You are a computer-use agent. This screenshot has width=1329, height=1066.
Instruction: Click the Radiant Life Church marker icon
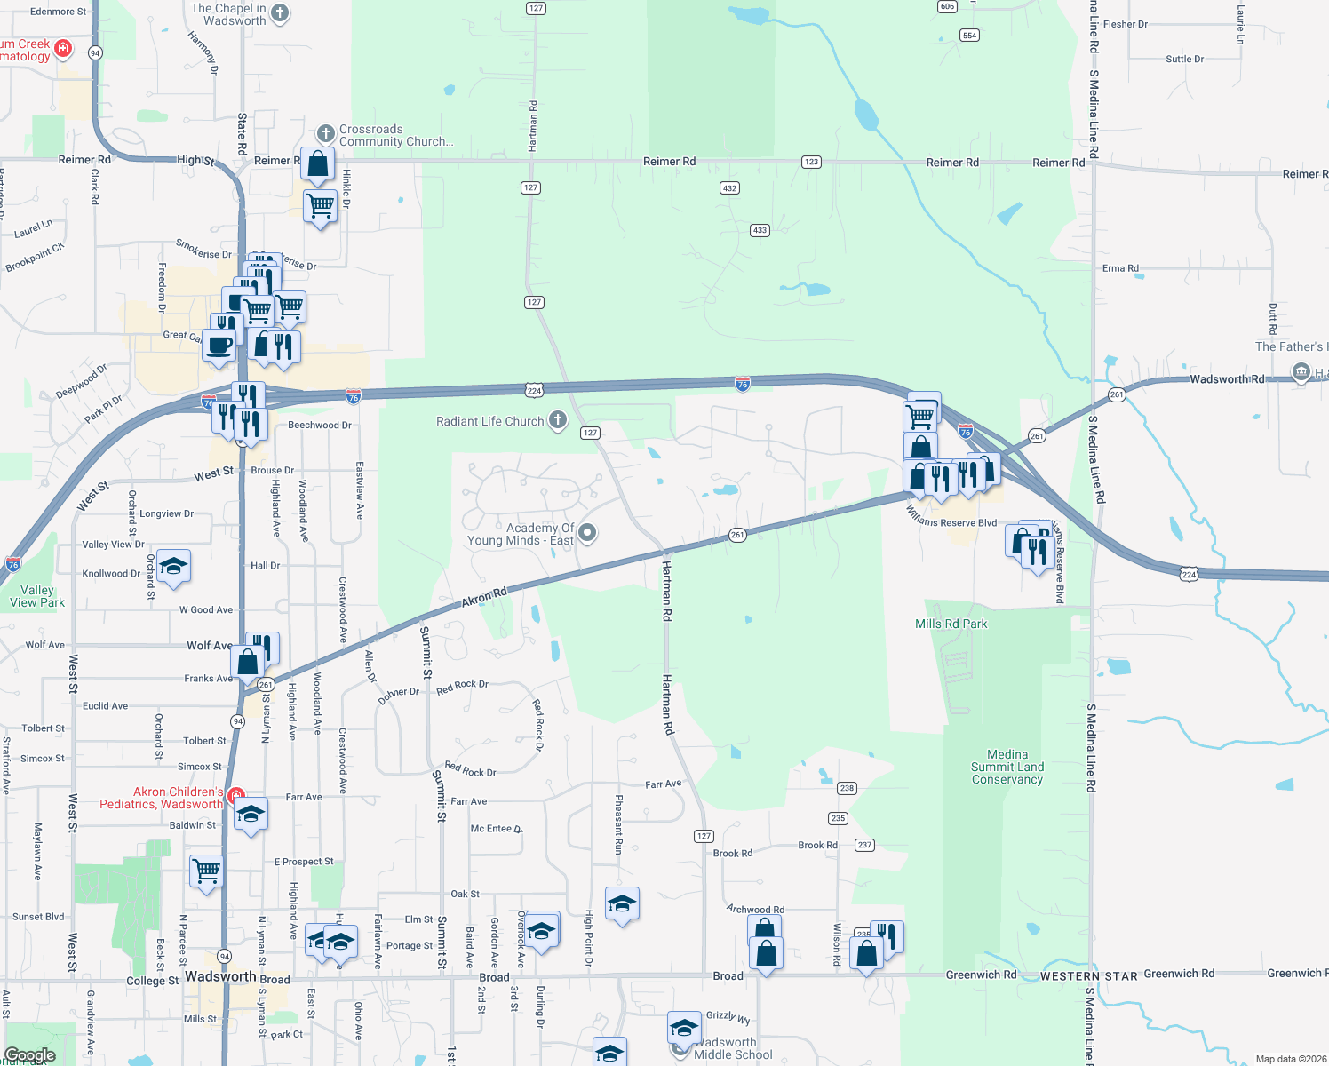point(557,420)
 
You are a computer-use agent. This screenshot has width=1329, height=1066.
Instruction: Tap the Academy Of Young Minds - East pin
point(586,533)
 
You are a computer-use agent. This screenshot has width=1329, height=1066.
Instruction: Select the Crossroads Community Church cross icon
point(325,134)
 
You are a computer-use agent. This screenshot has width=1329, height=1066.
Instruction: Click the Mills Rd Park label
point(951,624)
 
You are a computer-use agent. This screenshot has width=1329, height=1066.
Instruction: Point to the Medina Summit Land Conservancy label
point(1007,767)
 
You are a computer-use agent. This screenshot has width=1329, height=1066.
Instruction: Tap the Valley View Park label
point(36,596)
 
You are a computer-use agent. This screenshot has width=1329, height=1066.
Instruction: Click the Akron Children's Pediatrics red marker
point(235,795)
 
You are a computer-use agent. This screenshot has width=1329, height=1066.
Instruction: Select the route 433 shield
point(760,230)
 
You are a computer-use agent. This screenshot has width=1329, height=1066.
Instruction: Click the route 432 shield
point(729,188)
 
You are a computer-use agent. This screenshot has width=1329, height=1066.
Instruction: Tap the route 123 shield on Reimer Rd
point(811,162)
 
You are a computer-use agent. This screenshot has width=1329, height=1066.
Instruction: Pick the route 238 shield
point(847,788)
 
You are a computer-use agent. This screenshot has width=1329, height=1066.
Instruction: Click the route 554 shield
point(969,36)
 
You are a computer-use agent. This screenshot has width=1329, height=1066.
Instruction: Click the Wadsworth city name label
point(220,976)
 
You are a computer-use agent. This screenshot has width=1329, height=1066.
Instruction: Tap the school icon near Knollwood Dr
point(173,567)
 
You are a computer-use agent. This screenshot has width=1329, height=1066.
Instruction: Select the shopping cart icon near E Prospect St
point(206,871)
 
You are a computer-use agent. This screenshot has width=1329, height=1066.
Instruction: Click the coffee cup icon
point(219,346)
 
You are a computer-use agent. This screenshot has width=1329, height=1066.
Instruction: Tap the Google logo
point(29,1055)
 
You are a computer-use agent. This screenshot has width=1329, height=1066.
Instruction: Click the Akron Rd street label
point(484,597)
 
